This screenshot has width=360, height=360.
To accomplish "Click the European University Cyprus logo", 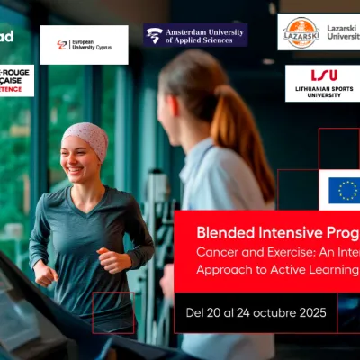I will pyautogui.click(x=84, y=44).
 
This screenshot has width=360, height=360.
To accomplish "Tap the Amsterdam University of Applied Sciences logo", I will pyautogui.click(x=194, y=35).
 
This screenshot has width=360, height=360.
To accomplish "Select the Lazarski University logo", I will pyautogui.click(x=318, y=31).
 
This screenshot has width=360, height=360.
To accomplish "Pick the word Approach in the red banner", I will pyautogui.click(x=228, y=270).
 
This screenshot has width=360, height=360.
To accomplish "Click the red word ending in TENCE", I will pyautogui.click(x=17, y=90).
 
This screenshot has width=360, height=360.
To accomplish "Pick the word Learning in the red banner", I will pyautogui.click(x=333, y=270).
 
